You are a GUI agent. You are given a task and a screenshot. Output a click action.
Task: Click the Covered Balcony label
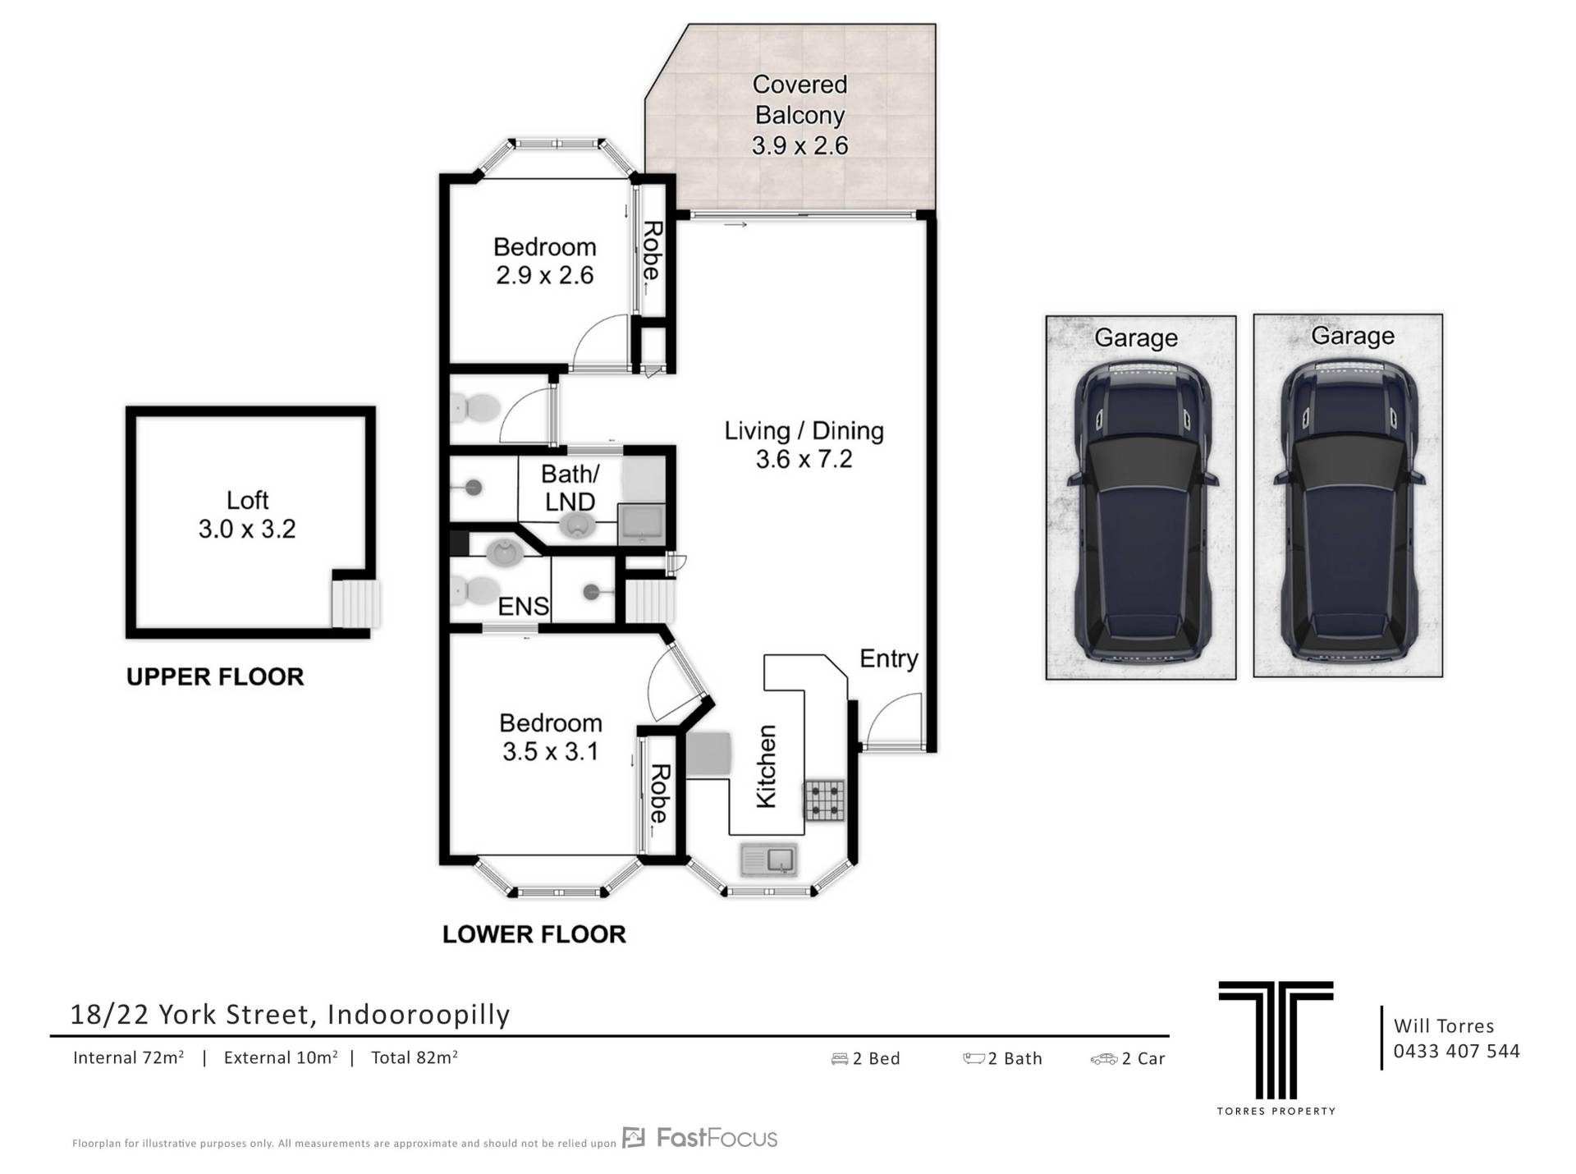click(800, 115)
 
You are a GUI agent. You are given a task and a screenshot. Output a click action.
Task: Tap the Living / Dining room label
click(804, 444)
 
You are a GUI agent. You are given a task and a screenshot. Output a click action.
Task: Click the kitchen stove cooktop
click(824, 800)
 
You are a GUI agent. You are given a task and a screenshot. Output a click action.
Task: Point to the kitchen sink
click(768, 860)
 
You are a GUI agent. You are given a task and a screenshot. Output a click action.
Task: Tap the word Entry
click(888, 658)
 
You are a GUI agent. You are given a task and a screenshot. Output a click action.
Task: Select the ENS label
click(523, 606)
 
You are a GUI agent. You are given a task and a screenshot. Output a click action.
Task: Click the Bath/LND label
click(570, 488)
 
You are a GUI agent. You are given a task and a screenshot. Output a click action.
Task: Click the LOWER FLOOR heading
click(534, 934)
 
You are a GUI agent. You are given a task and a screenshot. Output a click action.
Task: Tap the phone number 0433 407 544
click(1456, 1051)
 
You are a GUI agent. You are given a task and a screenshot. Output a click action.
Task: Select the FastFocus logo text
click(717, 1138)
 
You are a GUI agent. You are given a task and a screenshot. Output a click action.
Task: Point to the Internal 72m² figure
click(128, 1057)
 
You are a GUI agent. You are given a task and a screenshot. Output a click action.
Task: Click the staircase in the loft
click(355, 603)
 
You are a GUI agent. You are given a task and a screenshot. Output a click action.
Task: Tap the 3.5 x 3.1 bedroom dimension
click(550, 751)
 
